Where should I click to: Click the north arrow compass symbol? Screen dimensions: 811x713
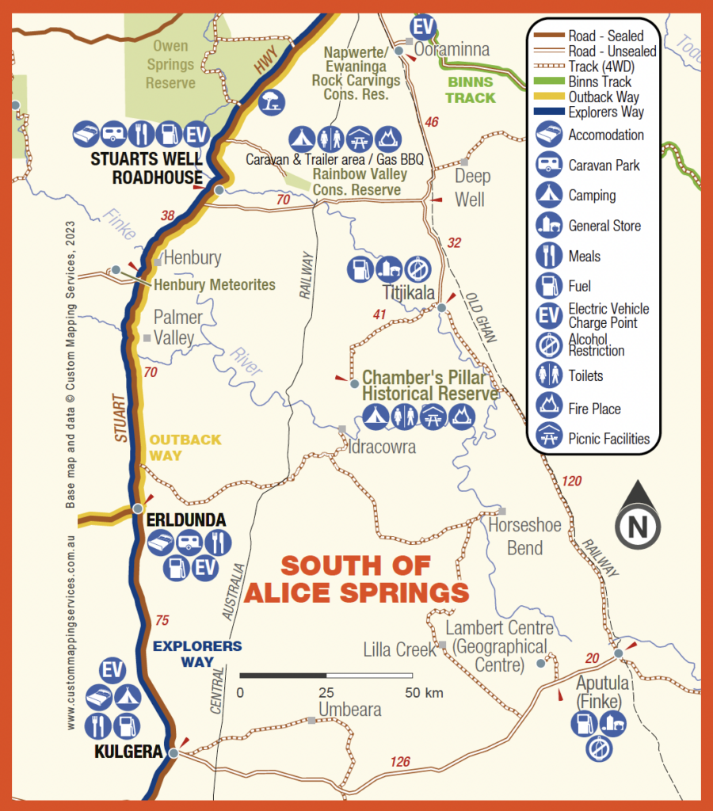[638, 516]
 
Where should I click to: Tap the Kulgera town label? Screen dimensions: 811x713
[128, 752]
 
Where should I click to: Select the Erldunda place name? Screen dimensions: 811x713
[186, 520]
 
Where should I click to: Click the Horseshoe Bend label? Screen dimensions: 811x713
[524, 536]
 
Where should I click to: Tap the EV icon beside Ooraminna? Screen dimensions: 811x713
[425, 28]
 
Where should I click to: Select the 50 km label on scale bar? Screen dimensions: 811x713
[423, 693]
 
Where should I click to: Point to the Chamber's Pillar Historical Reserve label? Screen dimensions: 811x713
[430, 386]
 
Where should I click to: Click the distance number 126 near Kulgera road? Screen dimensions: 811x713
[400, 762]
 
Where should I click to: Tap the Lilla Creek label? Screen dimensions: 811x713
[399, 649]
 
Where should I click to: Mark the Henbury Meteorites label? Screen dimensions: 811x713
[215, 285]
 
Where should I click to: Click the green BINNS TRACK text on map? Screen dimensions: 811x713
[470, 89]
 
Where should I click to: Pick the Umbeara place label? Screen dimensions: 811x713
[350, 710]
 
